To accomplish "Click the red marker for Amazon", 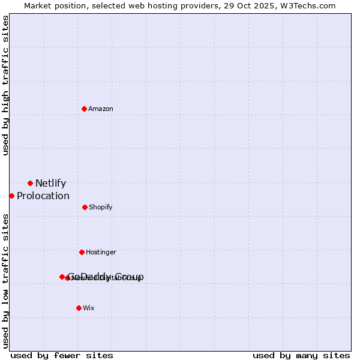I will click(x=84, y=109).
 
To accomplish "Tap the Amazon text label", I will click(x=101, y=109).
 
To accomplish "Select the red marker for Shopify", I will click(x=85, y=207).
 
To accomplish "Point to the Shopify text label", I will click(x=101, y=208).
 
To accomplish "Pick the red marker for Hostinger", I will click(x=82, y=252).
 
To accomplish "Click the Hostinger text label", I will click(x=101, y=253).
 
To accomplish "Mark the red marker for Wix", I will click(x=79, y=308).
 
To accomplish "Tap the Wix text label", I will click(x=89, y=308).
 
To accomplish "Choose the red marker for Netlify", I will click(x=30, y=183).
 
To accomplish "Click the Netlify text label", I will click(x=50, y=184).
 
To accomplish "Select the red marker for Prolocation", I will click(x=11, y=196).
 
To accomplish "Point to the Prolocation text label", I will click(x=43, y=196).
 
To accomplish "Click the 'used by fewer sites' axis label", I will click(x=62, y=355).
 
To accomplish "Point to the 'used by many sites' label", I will click(x=301, y=355).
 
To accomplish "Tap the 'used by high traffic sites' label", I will click(x=5, y=85).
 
